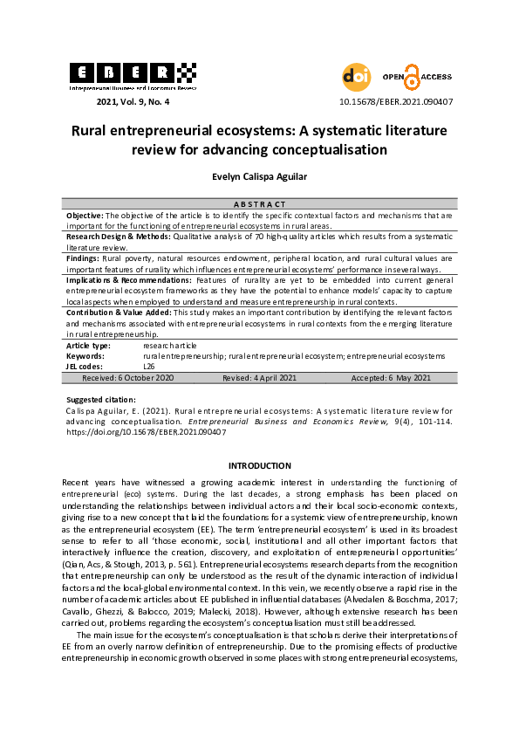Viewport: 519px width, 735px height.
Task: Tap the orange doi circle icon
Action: pyautogui.click(x=356, y=77)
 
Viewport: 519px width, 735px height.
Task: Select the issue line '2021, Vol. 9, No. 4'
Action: pyautogui.click(x=133, y=102)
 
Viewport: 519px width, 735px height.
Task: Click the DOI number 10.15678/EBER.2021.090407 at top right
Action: pyautogui.click(x=395, y=102)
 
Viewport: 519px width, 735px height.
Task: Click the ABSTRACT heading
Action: pyautogui.click(x=259, y=203)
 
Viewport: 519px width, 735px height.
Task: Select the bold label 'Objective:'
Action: pyautogui.click(x=85, y=214)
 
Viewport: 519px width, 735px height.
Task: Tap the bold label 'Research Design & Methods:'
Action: pyautogui.click(x=118, y=236)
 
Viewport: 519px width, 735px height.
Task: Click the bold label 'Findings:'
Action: pyautogui.click(x=84, y=258)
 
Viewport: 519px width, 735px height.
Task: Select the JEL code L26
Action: pyautogui.click(x=149, y=367)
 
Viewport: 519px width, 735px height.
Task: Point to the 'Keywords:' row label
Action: pyautogui.click(x=85, y=356)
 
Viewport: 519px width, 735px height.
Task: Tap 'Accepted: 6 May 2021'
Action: pyautogui.click(x=391, y=378)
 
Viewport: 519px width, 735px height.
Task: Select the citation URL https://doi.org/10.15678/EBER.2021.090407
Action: pyautogui.click(x=146, y=431)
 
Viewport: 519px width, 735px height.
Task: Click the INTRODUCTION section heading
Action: pyautogui.click(x=259, y=465)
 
